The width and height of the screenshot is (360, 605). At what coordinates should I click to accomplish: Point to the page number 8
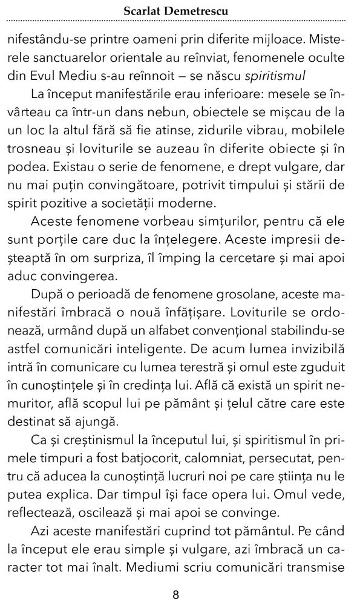pyautogui.click(x=176, y=595)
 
